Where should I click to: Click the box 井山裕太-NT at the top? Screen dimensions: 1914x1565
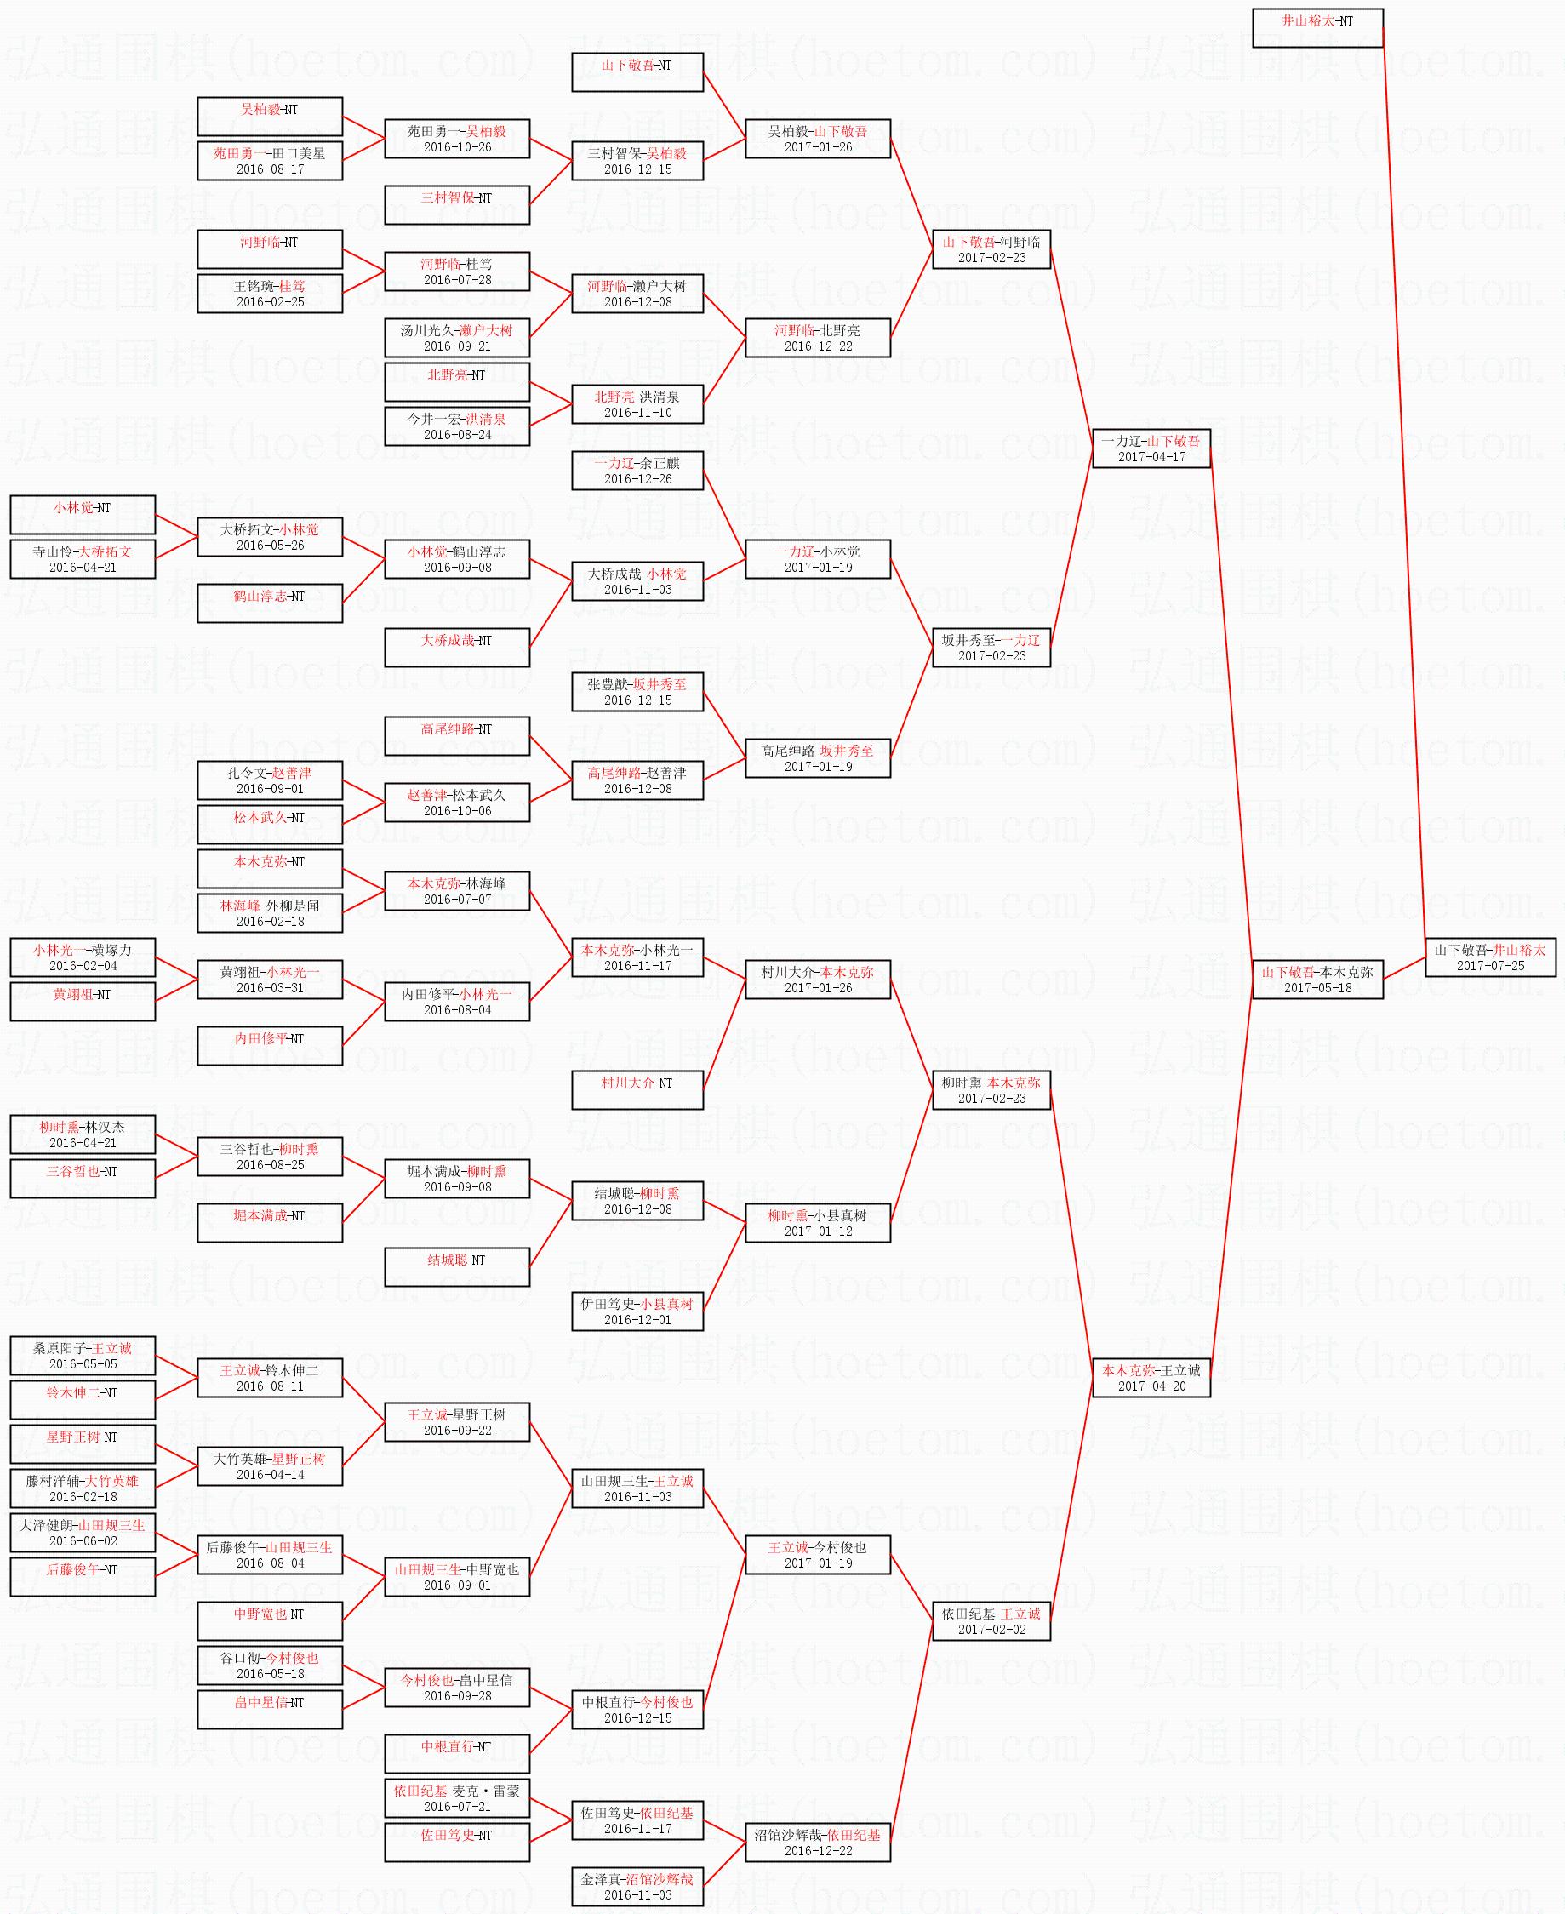click(x=1317, y=27)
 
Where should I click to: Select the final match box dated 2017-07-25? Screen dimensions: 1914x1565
click(x=1490, y=957)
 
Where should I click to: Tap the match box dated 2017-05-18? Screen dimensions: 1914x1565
click(x=1317, y=979)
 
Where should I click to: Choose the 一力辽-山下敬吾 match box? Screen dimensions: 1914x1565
click(x=1151, y=448)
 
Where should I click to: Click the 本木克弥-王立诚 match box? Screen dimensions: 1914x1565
click(x=1151, y=1378)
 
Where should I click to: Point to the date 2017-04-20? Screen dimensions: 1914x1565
click(x=1151, y=1386)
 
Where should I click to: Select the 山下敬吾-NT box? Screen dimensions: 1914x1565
click(x=637, y=72)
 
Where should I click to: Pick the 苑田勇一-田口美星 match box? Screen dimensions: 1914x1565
click(x=270, y=161)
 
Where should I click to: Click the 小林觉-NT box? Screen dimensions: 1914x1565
click(x=82, y=515)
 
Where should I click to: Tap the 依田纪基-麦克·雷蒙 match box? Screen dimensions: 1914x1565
click(x=456, y=1797)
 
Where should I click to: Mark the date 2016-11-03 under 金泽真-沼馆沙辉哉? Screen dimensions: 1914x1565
click(x=637, y=1895)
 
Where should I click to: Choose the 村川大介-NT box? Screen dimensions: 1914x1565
click(x=637, y=1090)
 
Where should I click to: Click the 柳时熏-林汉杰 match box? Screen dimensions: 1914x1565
click(x=82, y=1134)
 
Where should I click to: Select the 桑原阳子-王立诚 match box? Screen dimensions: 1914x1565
click(x=82, y=1355)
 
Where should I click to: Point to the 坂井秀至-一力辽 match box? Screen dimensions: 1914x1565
click(x=991, y=648)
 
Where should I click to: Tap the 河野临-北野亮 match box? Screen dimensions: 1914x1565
click(x=817, y=337)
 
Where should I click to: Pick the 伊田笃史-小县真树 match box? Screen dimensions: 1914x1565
click(x=637, y=1311)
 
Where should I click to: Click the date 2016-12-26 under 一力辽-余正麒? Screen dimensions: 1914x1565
click(x=637, y=480)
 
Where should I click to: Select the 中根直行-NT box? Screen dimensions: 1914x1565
click(x=456, y=1753)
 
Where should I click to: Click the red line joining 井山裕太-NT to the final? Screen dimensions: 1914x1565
click(x=1403, y=487)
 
